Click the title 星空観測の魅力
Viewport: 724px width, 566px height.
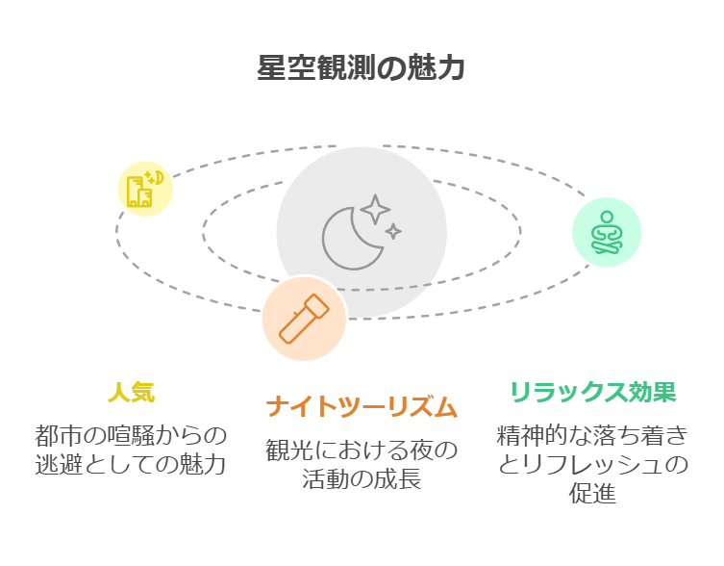[362, 68]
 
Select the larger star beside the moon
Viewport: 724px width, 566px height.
[375, 209]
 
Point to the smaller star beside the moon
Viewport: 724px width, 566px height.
[393, 231]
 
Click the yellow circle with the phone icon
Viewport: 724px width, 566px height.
[145, 189]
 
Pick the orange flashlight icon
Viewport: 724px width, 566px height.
[304, 319]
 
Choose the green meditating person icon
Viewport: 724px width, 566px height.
[606, 232]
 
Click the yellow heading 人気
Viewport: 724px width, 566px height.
[131, 393]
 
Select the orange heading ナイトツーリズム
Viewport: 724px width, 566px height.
[362, 407]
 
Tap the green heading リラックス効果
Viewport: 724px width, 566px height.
[592, 393]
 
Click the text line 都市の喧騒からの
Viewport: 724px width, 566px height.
[131, 435]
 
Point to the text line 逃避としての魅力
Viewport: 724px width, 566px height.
[131, 464]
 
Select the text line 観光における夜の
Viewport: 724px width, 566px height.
[362, 450]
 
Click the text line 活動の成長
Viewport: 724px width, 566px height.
[362, 478]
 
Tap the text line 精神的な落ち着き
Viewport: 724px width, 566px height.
[592, 435]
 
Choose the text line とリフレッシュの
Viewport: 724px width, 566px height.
[592, 464]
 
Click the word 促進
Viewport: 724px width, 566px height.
[592, 494]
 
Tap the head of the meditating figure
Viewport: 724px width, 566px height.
[606, 218]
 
